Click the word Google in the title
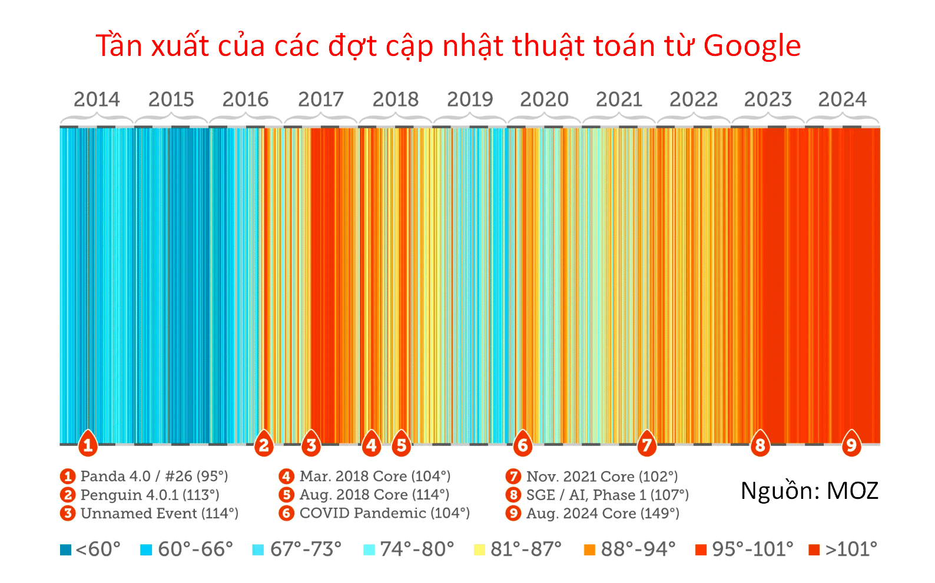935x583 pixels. [x=752, y=46]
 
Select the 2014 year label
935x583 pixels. [x=97, y=99]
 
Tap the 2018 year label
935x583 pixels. [x=395, y=99]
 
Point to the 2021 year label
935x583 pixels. [x=619, y=99]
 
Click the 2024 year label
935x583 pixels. [x=842, y=99]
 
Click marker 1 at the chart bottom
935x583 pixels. [x=88, y=445]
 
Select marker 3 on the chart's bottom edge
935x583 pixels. [x=311, y=445]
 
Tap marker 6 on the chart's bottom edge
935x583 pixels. [x=522, y=445]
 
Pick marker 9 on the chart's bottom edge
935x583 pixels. [x=851, y=445]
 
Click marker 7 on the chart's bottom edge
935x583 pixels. [x=646, y=445]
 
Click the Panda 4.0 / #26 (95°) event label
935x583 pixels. [x=154, y=476]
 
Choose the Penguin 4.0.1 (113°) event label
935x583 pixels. [x=150, y=495]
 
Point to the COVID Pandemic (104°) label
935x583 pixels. [x=384, y=513]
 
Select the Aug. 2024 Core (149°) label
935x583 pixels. [x=602, y=514]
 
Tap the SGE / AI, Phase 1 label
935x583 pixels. [x=607, y=495]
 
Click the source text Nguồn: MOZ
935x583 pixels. [x=809, y=491]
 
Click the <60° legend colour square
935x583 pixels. [x=65, y=550]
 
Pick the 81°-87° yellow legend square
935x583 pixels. [x=479, y=550]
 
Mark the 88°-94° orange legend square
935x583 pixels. [x=589, y=550]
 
